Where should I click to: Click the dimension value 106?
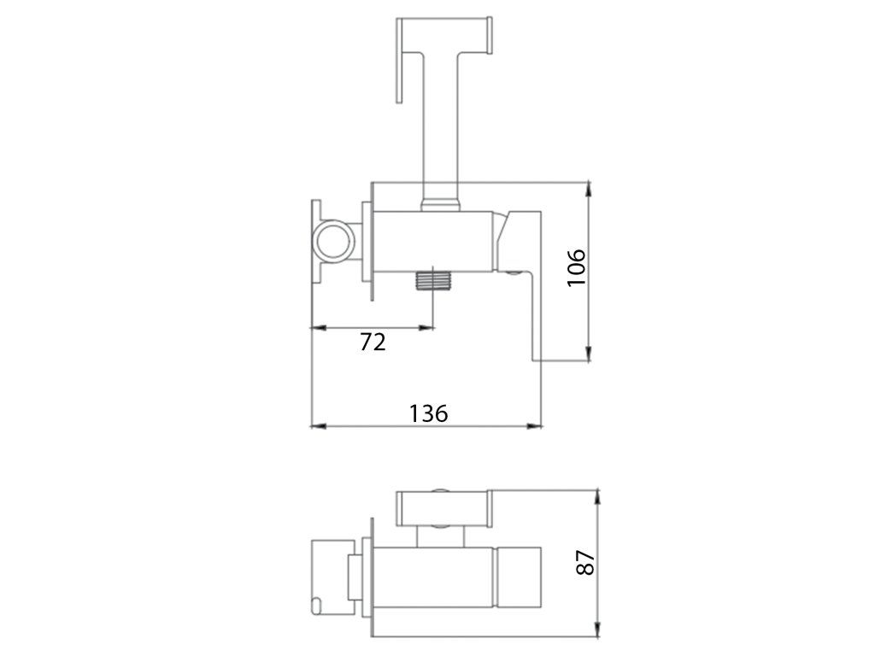coord(577,267)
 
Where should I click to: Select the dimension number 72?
coord(373,342)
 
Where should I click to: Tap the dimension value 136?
coord(429,413)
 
